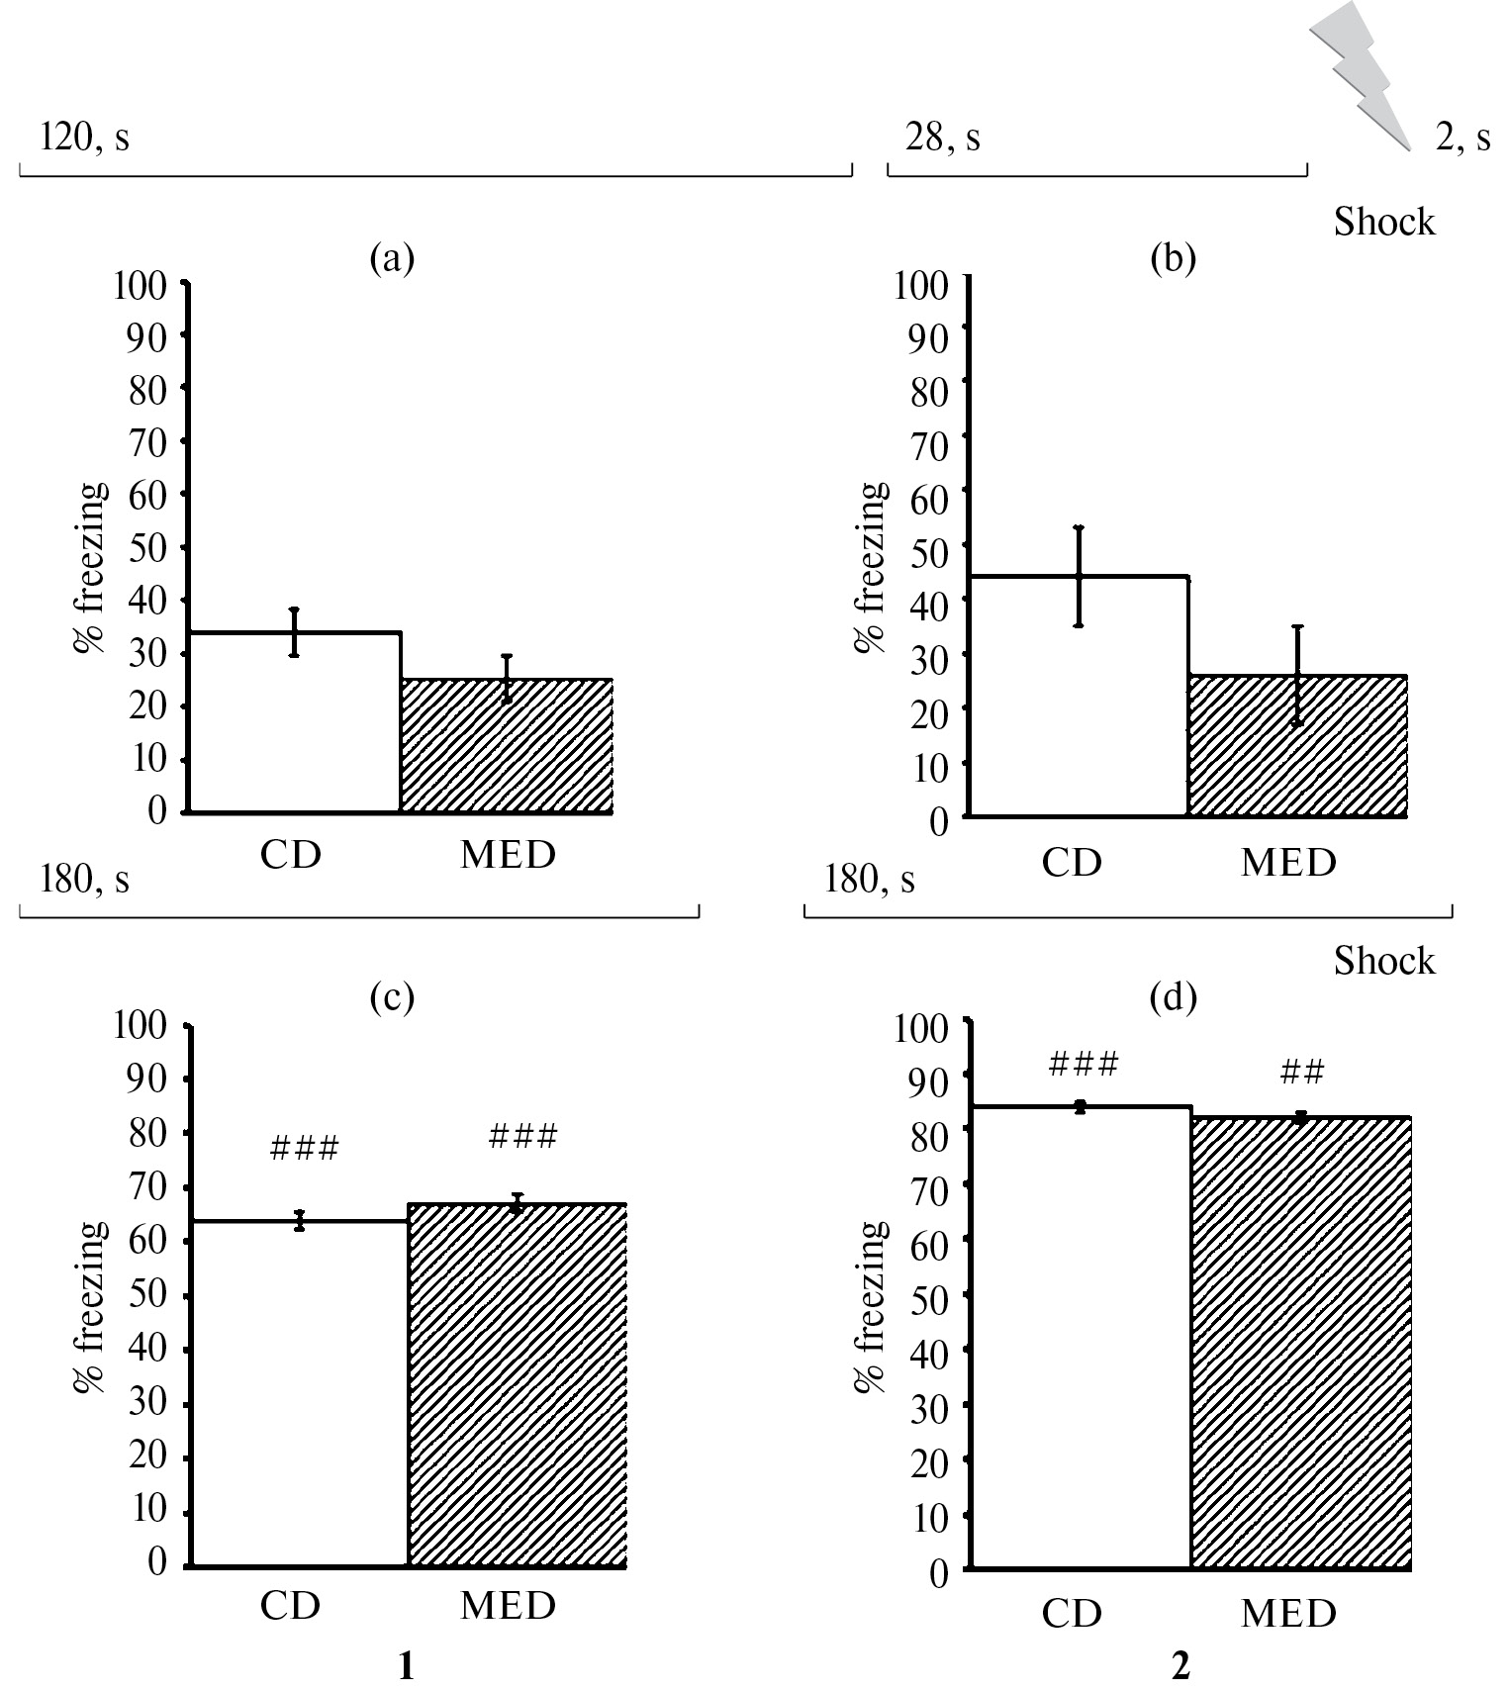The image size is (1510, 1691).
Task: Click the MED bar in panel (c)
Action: [x=517, y=1385]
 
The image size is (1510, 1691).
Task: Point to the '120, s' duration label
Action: [x=84, y=138]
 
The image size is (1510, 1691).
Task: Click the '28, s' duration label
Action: [x=943, y=138]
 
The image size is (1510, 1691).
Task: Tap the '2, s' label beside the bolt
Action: [x=1463, y=138]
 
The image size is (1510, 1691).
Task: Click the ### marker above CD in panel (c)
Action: [x=304, y=1148]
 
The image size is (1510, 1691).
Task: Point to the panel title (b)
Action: [x=1174, y=258]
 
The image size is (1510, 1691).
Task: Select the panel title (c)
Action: [x=391, y=998]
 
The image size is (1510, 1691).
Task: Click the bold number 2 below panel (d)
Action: [x=1180, y=1667]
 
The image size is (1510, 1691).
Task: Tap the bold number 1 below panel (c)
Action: [x=405, y=1667]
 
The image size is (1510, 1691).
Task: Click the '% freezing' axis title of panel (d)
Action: [x=871, y=1306]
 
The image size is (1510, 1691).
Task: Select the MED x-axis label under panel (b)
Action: [x=1288, y=863]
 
